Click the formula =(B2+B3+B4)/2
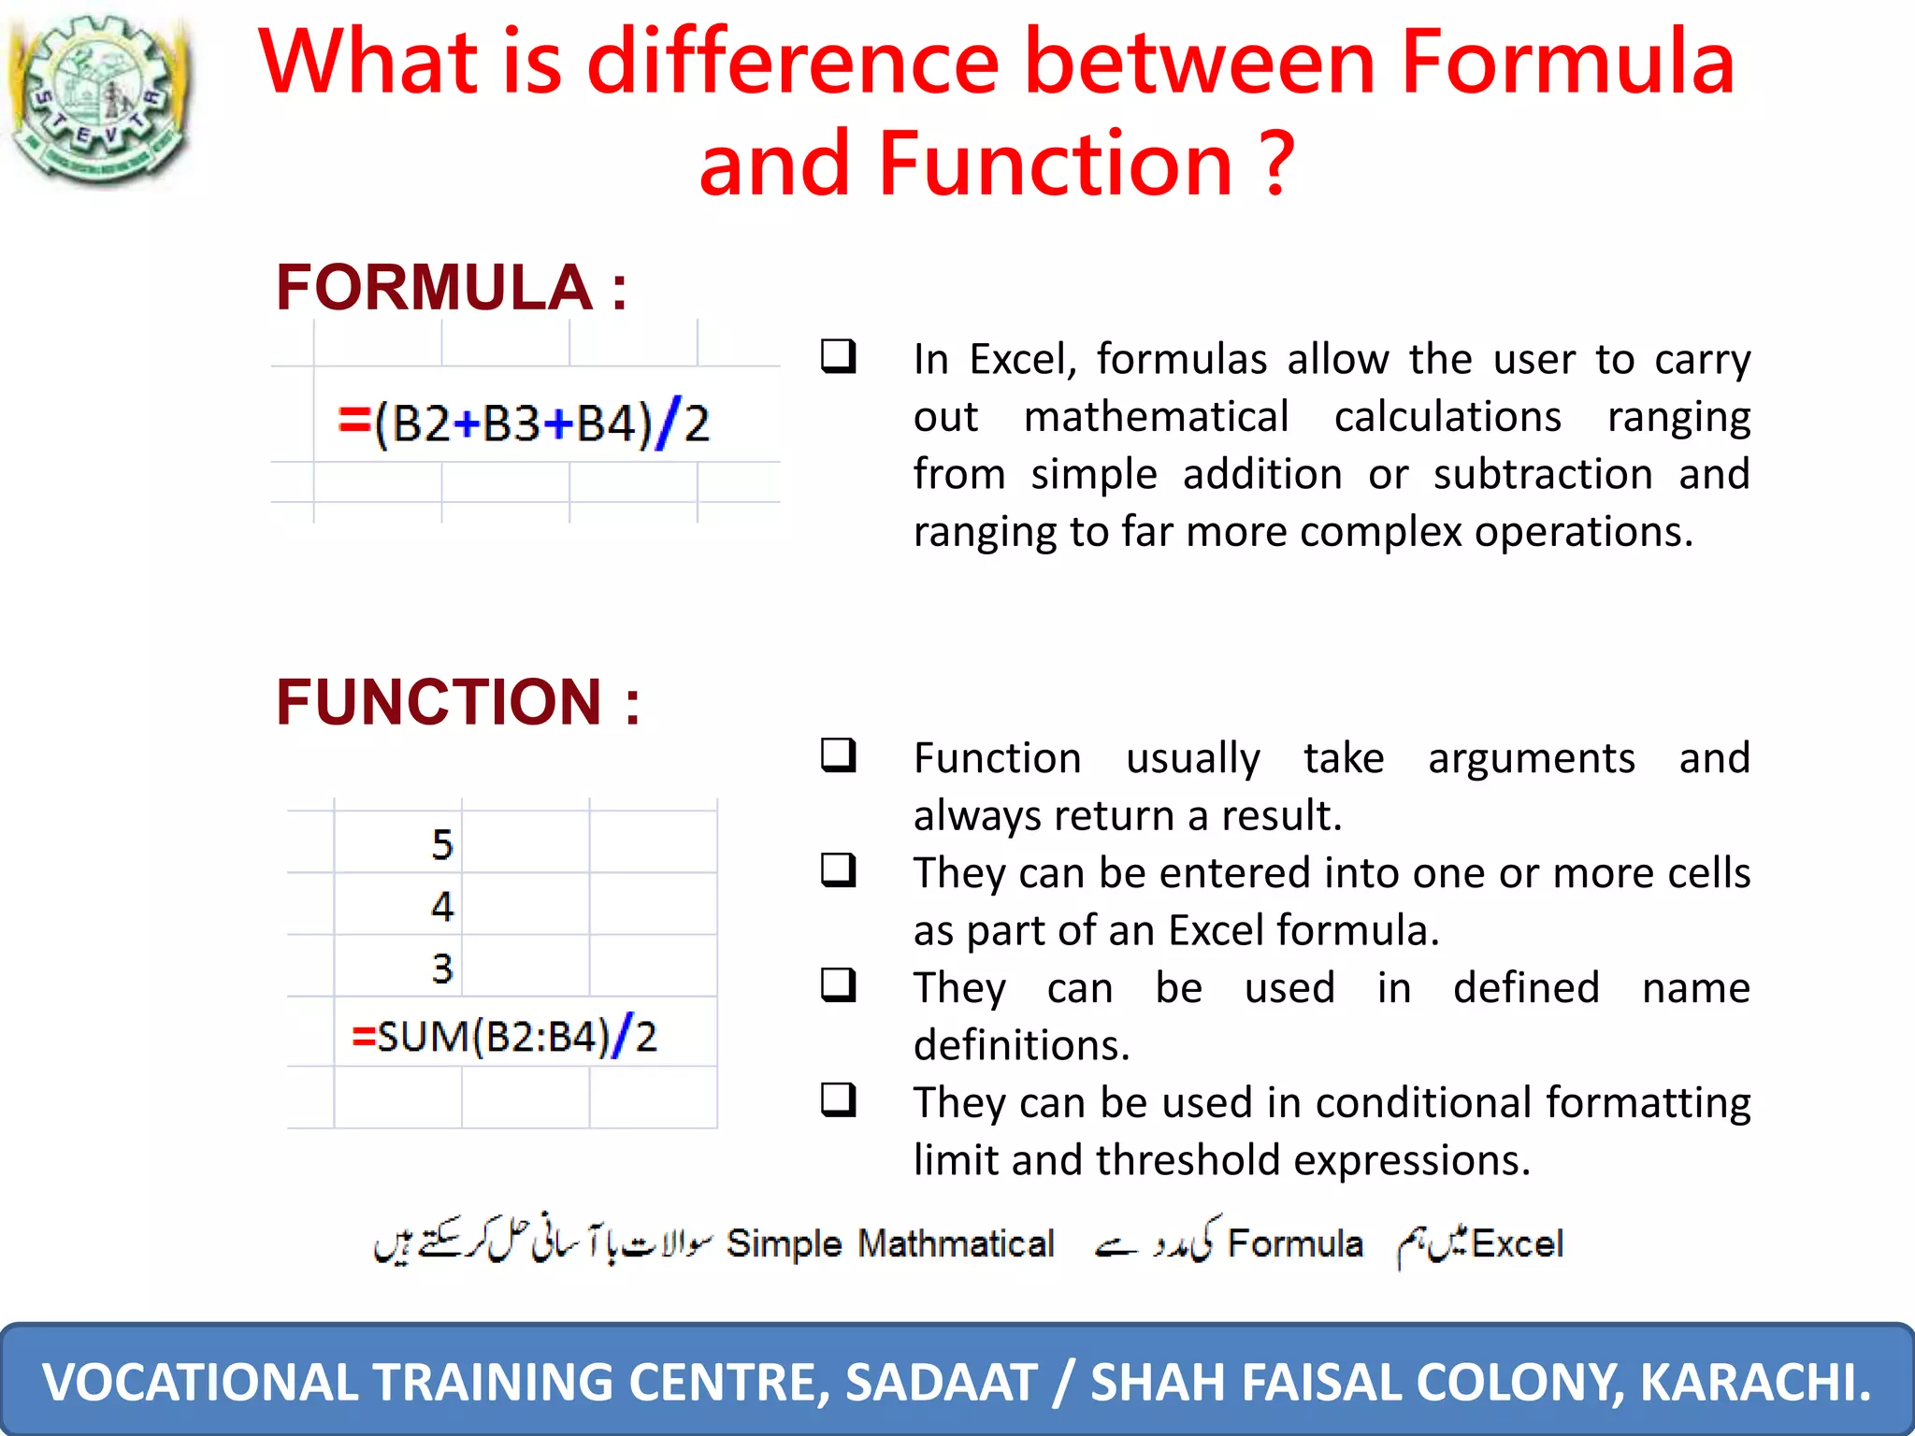(x=524, y=424)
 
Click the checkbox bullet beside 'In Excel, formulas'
(x=838, y=356)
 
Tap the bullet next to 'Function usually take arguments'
(x=838, y=754)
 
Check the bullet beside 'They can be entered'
(x=838, y=869)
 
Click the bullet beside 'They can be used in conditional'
(x=838, y=1099)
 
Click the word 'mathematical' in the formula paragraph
(x=1156, y=417)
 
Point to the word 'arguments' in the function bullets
(x=1531, y=758)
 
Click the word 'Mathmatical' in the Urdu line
(x=956, y=1244)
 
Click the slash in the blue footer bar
(x=1063, y=1382)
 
